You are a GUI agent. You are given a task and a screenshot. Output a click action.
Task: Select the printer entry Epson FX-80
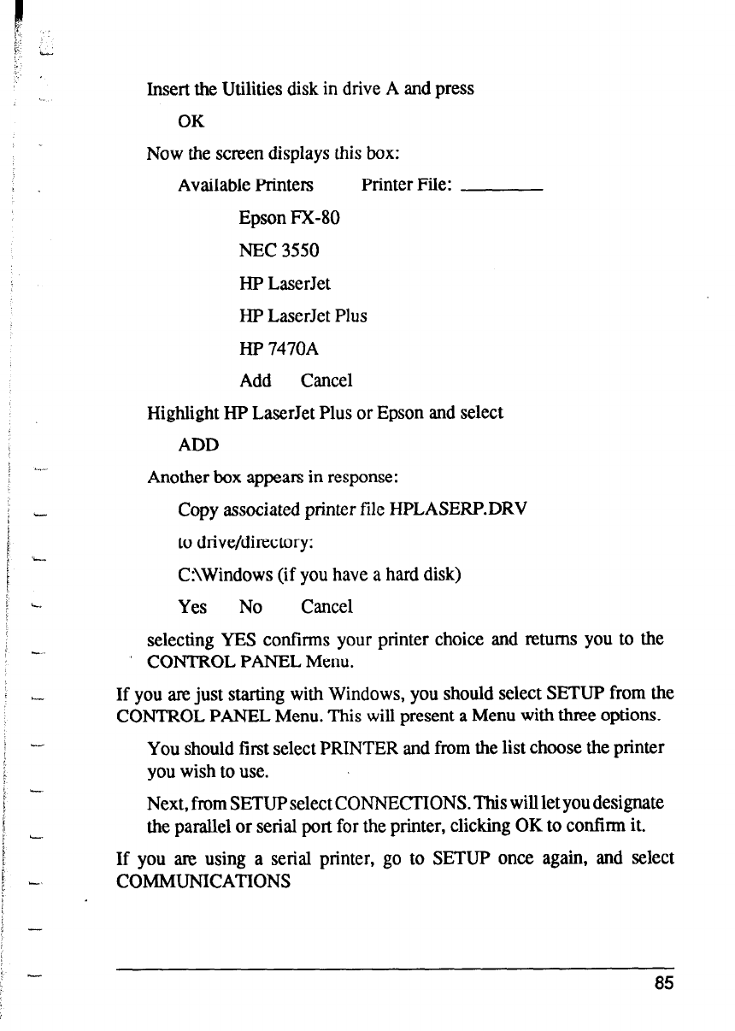[290, 218]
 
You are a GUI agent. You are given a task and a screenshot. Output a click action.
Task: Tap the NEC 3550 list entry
[279, 250]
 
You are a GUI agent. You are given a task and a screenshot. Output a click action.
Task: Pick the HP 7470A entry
[279, 348]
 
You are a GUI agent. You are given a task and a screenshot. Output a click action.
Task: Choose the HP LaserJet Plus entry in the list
[303, 315]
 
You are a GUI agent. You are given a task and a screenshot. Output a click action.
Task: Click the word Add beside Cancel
[256, 380]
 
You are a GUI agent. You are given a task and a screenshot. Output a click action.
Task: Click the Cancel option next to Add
[326, 380]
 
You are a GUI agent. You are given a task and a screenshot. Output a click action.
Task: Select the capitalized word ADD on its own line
[198, 445]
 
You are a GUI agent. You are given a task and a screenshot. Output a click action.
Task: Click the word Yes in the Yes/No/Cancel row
[192, 607]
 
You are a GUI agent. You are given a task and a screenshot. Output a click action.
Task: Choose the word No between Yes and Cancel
[250, 607]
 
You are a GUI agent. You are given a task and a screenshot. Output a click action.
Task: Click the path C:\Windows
[215, 574]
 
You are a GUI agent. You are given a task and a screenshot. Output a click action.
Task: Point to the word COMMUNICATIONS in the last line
[203, 880]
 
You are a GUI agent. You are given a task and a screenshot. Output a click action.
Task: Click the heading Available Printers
[245, 186]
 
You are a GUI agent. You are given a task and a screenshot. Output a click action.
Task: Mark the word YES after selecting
[240, 639]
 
